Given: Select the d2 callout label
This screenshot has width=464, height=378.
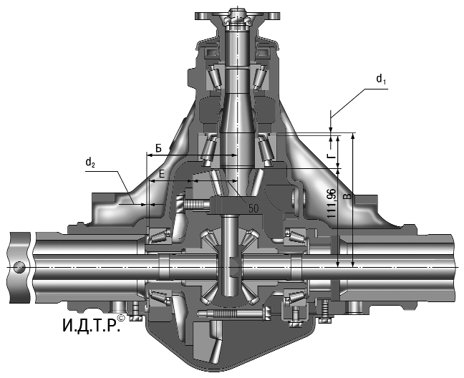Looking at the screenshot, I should [90, 163].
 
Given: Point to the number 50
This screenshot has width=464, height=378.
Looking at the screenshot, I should [253, 209].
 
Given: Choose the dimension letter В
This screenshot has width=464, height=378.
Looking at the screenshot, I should [348, 195].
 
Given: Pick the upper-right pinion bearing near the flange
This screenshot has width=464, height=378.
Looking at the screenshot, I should [261, 75].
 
